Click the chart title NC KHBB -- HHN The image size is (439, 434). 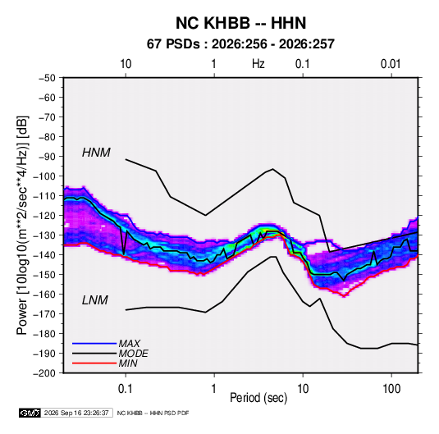[240, 23]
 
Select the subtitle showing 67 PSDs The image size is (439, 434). [240, 44]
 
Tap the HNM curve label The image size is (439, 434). [96, 153]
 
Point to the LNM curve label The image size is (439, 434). [95, 300]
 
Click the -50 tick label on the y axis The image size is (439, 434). [47, 78]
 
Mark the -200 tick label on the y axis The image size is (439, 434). [44, 373]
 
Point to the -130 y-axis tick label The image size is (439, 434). [44, 235]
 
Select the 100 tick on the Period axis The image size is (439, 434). [391, 389]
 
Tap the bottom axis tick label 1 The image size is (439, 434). [214, 389]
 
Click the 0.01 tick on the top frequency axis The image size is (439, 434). [391, 64]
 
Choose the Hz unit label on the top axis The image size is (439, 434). [258, 64]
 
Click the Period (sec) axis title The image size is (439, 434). [258, 398]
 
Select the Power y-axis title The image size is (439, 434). [22, 226]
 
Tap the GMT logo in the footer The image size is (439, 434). [30, 413]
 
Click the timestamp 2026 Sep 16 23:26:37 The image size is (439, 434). [76, 413]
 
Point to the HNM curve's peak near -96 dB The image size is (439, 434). [272, 169]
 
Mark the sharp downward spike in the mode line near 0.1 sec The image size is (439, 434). [124, 254]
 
